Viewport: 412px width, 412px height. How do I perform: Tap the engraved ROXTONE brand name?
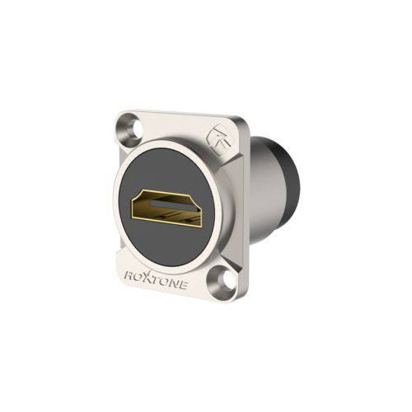(x=157, y=279)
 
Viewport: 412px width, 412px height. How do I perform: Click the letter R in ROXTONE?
(x=129, y=275)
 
